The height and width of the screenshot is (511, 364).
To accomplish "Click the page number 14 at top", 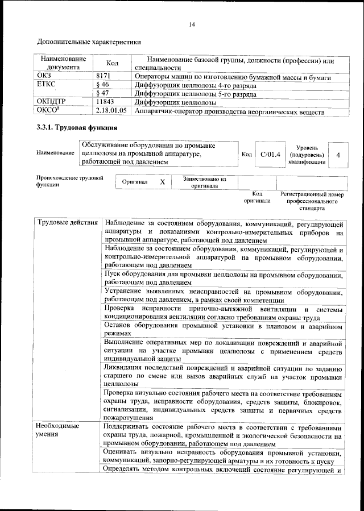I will point(192,24).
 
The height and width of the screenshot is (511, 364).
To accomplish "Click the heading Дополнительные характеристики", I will point(89,42).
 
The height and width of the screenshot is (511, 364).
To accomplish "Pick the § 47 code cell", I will point(102,94).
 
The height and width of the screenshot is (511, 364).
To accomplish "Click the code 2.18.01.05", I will point(111,111).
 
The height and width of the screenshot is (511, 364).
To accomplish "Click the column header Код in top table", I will point(112,63).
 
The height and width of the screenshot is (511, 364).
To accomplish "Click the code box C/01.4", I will point(270,154).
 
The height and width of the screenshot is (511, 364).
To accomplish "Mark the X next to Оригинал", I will point(162,182).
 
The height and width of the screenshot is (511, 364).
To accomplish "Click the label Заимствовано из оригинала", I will point(205,182).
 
